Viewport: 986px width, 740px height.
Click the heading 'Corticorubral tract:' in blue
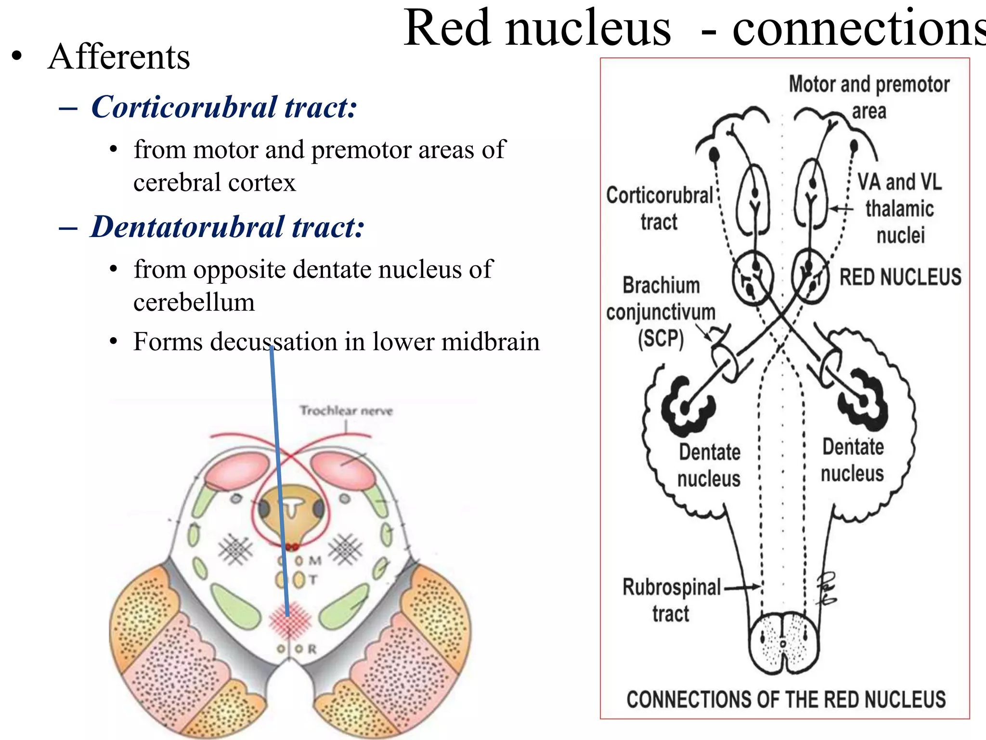pyautogui.click(x=224, y=107)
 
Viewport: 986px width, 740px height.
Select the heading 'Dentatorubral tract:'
pyautogui.click(x=227, y=227)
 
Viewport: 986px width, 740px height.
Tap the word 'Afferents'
pyautogui.click(x=119, y=57)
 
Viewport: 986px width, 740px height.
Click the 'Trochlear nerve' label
pyautogui.click(x=346, y=410)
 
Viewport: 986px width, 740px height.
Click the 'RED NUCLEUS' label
pyautogui.click(x=900, y=277)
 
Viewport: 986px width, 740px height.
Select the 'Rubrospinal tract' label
pyautogui.click(x=671, y=600)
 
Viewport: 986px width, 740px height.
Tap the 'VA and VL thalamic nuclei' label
pyautogui.click(x=899, y=209)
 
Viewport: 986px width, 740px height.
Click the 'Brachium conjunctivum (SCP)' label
pyautogui.click(x=661, y=312)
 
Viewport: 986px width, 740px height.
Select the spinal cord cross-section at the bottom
pyautogui.click(x=783, y=643)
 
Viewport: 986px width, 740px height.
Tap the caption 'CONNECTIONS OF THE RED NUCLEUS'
pyautogui.click(x=786, y=699)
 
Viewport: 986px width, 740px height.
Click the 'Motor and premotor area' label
pyautogui.click(x=869, y=96)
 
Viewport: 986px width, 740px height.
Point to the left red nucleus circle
pyautogui.click(x=752, y=278)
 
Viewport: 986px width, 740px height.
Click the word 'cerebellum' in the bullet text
pyautogui.click(x=194, y=303)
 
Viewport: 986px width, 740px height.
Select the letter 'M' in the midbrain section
pyautogui.click(x=315, y=561)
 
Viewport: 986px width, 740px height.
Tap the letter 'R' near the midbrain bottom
pyautogui.click(x=312, y=649)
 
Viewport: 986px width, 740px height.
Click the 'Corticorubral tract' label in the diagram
pyautogui.click(x=659, y=208)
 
